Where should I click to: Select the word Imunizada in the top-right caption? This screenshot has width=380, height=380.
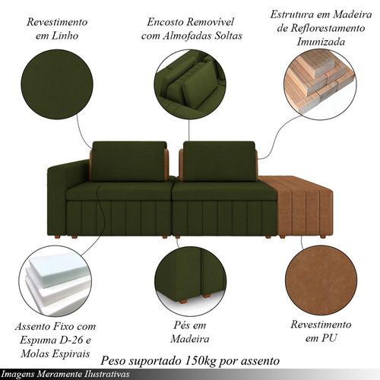pos(321,42)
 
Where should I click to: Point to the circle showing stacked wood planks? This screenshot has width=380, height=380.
pos(320,84)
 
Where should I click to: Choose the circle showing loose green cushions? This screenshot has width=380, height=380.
pos(190,84)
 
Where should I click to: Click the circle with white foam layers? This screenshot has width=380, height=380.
pos(55,280)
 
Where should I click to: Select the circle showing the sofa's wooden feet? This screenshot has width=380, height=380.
pos(190,280)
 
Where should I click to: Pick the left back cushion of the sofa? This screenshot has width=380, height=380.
pos(129,161)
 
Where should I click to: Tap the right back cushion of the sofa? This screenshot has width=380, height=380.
pos(220,161)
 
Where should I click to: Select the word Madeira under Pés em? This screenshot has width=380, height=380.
pos(190,339)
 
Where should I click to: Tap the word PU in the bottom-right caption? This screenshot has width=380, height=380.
pos(329,338)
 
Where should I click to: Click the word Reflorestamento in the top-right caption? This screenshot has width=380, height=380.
pos(328,28)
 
